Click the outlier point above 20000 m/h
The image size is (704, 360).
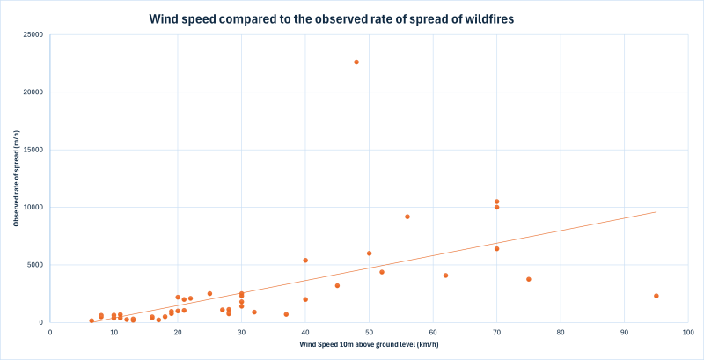click(x=356, y=62)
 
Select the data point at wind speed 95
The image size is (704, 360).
click(x=656, y=296)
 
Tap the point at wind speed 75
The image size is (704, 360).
click(x=529, y=279)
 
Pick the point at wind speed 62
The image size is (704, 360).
click(x=446, y=276)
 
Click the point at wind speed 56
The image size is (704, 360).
click(x=407, y=217)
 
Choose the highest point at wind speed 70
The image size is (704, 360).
click(x=497, y=202)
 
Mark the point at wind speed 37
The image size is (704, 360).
click(x=286, y=314)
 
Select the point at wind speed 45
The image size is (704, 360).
click(x=337, y=285)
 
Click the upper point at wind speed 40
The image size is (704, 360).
click(x=305, y=261)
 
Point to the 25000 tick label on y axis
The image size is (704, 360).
click(x=33, y=35)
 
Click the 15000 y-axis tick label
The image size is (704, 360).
click(x=33, y=150)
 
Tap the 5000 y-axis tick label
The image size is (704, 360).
click(x=36, y=265)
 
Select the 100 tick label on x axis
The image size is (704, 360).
click(x=687, y=333)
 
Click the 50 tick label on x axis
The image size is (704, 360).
click(x=370, y=333)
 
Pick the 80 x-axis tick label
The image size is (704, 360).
click(x=561, y=333)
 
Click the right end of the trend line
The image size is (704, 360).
click(x=656, y=212)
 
